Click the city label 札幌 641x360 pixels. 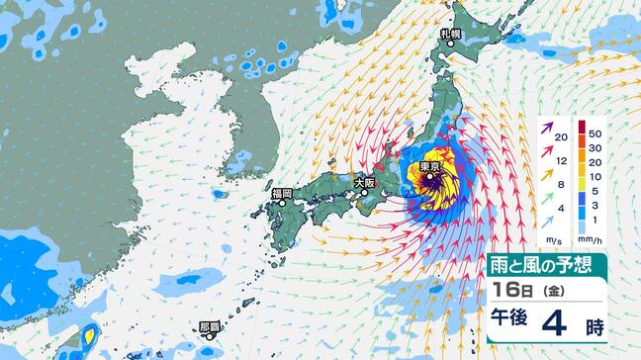tap(452, 34)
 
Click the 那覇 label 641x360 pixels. tap(210, 326)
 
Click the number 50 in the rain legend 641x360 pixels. tap(595, 131)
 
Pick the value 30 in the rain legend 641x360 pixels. tap(595, 146)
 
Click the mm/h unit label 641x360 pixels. tap(591, 240)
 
